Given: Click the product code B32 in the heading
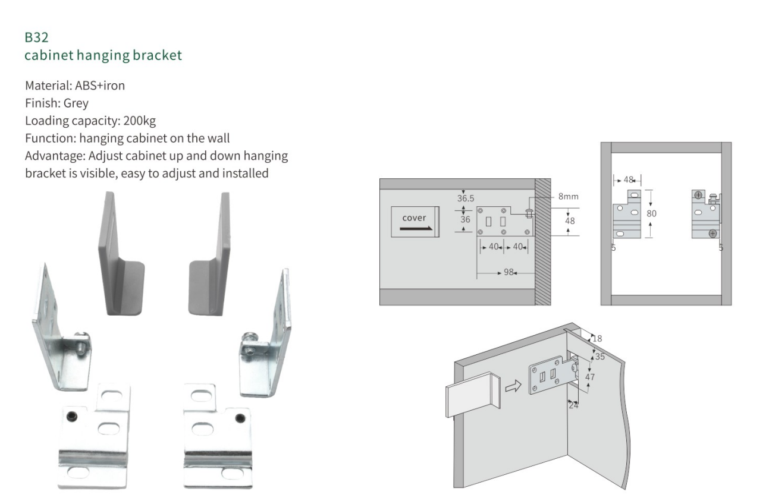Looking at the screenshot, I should coord(36,39).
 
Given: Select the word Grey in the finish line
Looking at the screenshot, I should coord(76,102).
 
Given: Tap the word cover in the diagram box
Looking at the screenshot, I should coord(414,218).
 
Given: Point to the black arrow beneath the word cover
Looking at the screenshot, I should coord(416,228).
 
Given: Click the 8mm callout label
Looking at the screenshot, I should coord(569,196).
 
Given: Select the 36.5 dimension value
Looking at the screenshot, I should coord(466,199).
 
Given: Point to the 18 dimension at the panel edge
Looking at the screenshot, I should coord(597,338).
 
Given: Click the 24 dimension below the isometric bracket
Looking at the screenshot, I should coord(573,405).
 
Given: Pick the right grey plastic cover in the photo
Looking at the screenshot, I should coord(212,256).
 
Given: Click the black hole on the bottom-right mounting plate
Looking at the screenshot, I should coord(240,417).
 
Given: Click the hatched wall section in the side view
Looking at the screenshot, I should coord(541,241).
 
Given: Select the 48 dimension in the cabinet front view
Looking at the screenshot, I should coord(628,179).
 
